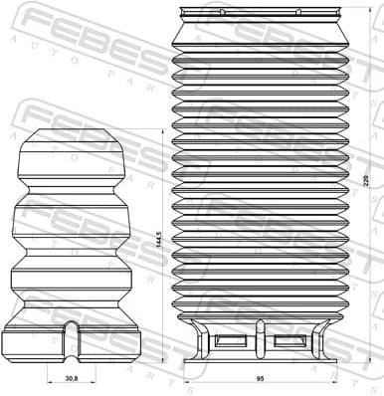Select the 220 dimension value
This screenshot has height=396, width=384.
coord(366,181)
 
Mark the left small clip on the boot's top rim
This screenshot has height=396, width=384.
coord(222,11)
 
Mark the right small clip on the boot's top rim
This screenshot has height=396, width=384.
coord(297,11)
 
